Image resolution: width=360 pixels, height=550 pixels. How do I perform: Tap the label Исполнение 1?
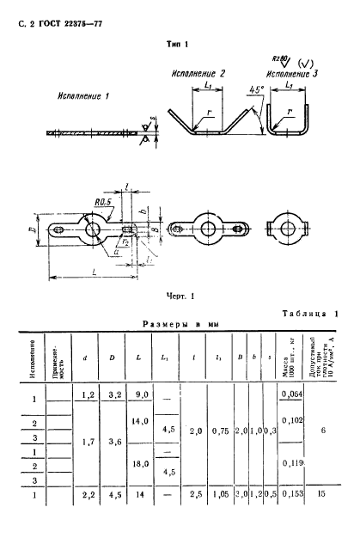[83, 96]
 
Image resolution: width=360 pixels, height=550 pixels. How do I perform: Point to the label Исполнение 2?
[197, 74]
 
